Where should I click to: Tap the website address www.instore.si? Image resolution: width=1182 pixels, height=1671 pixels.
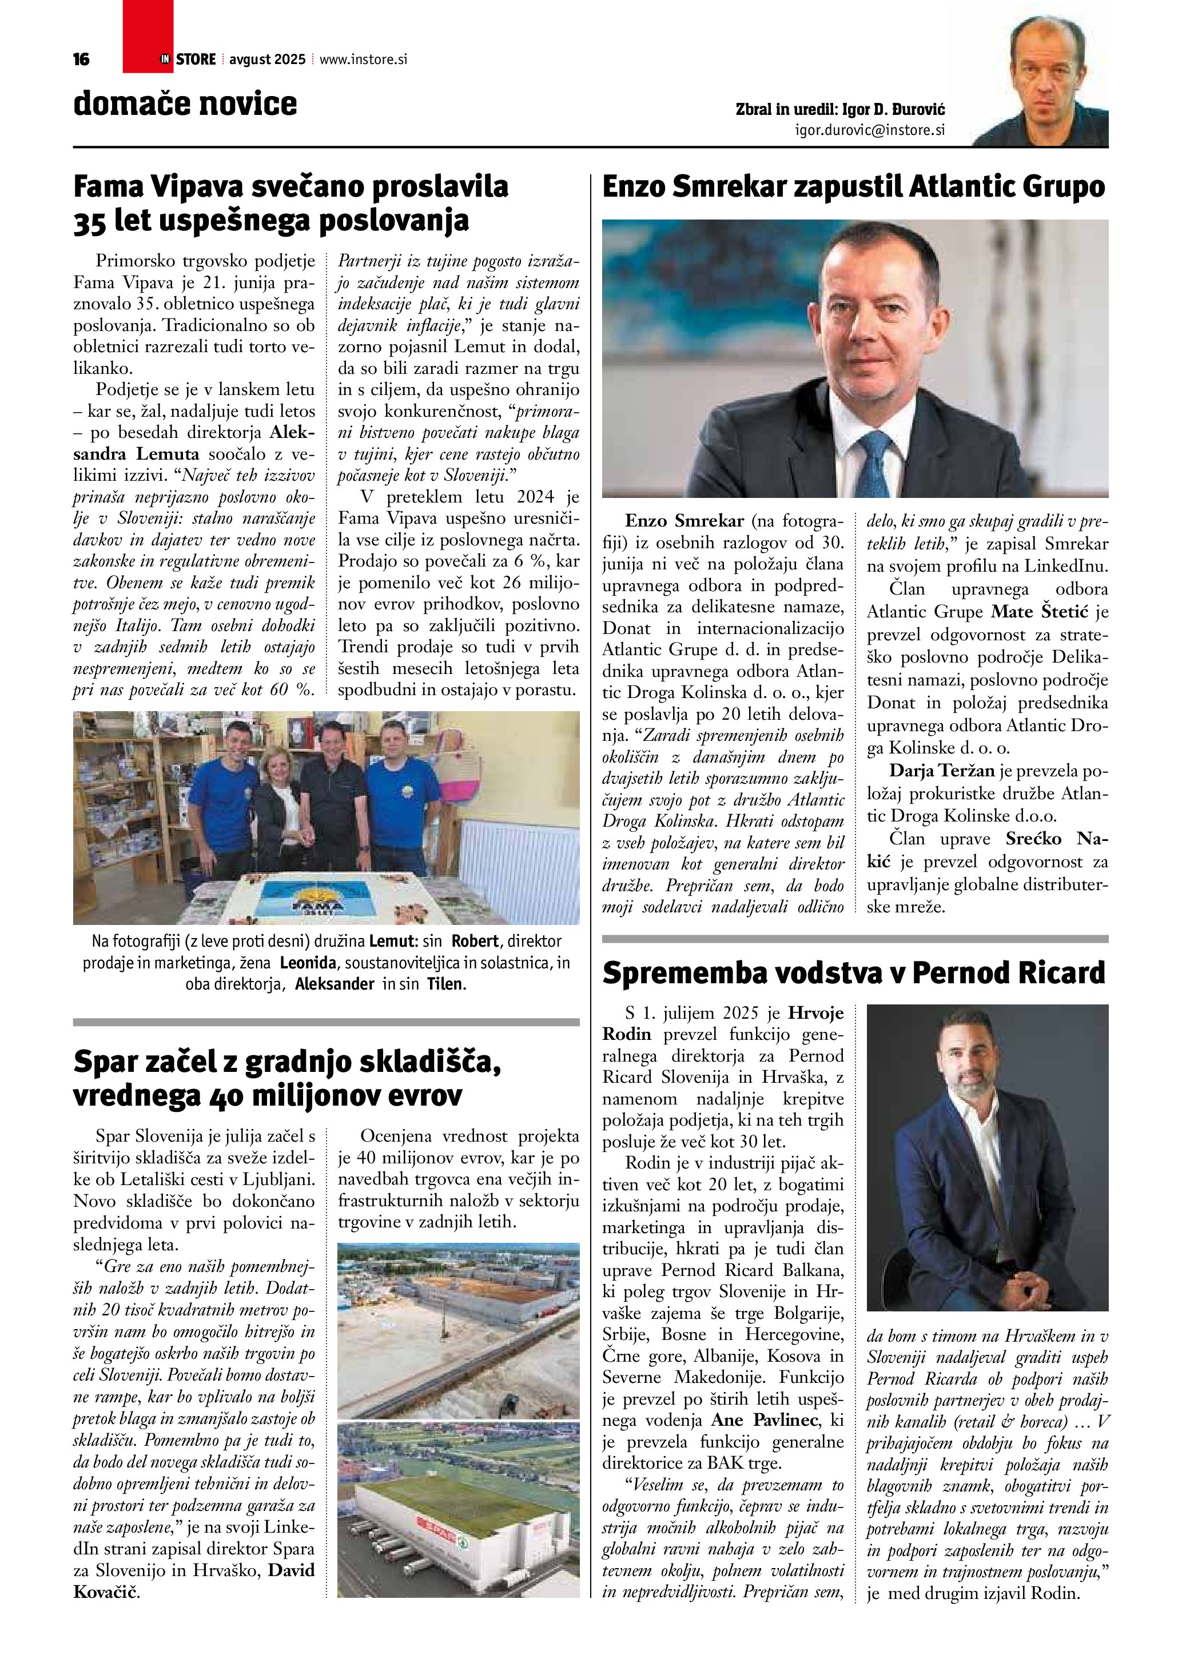pos(363,59)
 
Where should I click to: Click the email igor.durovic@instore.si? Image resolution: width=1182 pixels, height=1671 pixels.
pos(870,130)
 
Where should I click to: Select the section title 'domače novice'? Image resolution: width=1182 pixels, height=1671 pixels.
pos(185,103)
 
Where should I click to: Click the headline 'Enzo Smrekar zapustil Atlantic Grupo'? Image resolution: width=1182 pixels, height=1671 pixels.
pos(854,187)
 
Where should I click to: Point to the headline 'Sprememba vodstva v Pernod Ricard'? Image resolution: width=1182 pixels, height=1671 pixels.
pos(854,973)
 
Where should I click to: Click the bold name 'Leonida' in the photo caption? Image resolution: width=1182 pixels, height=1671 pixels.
pos(308,963)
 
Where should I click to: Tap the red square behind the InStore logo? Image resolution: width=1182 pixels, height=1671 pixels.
pos(148,37)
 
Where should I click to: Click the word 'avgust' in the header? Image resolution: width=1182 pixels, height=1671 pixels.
pos(248,59)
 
